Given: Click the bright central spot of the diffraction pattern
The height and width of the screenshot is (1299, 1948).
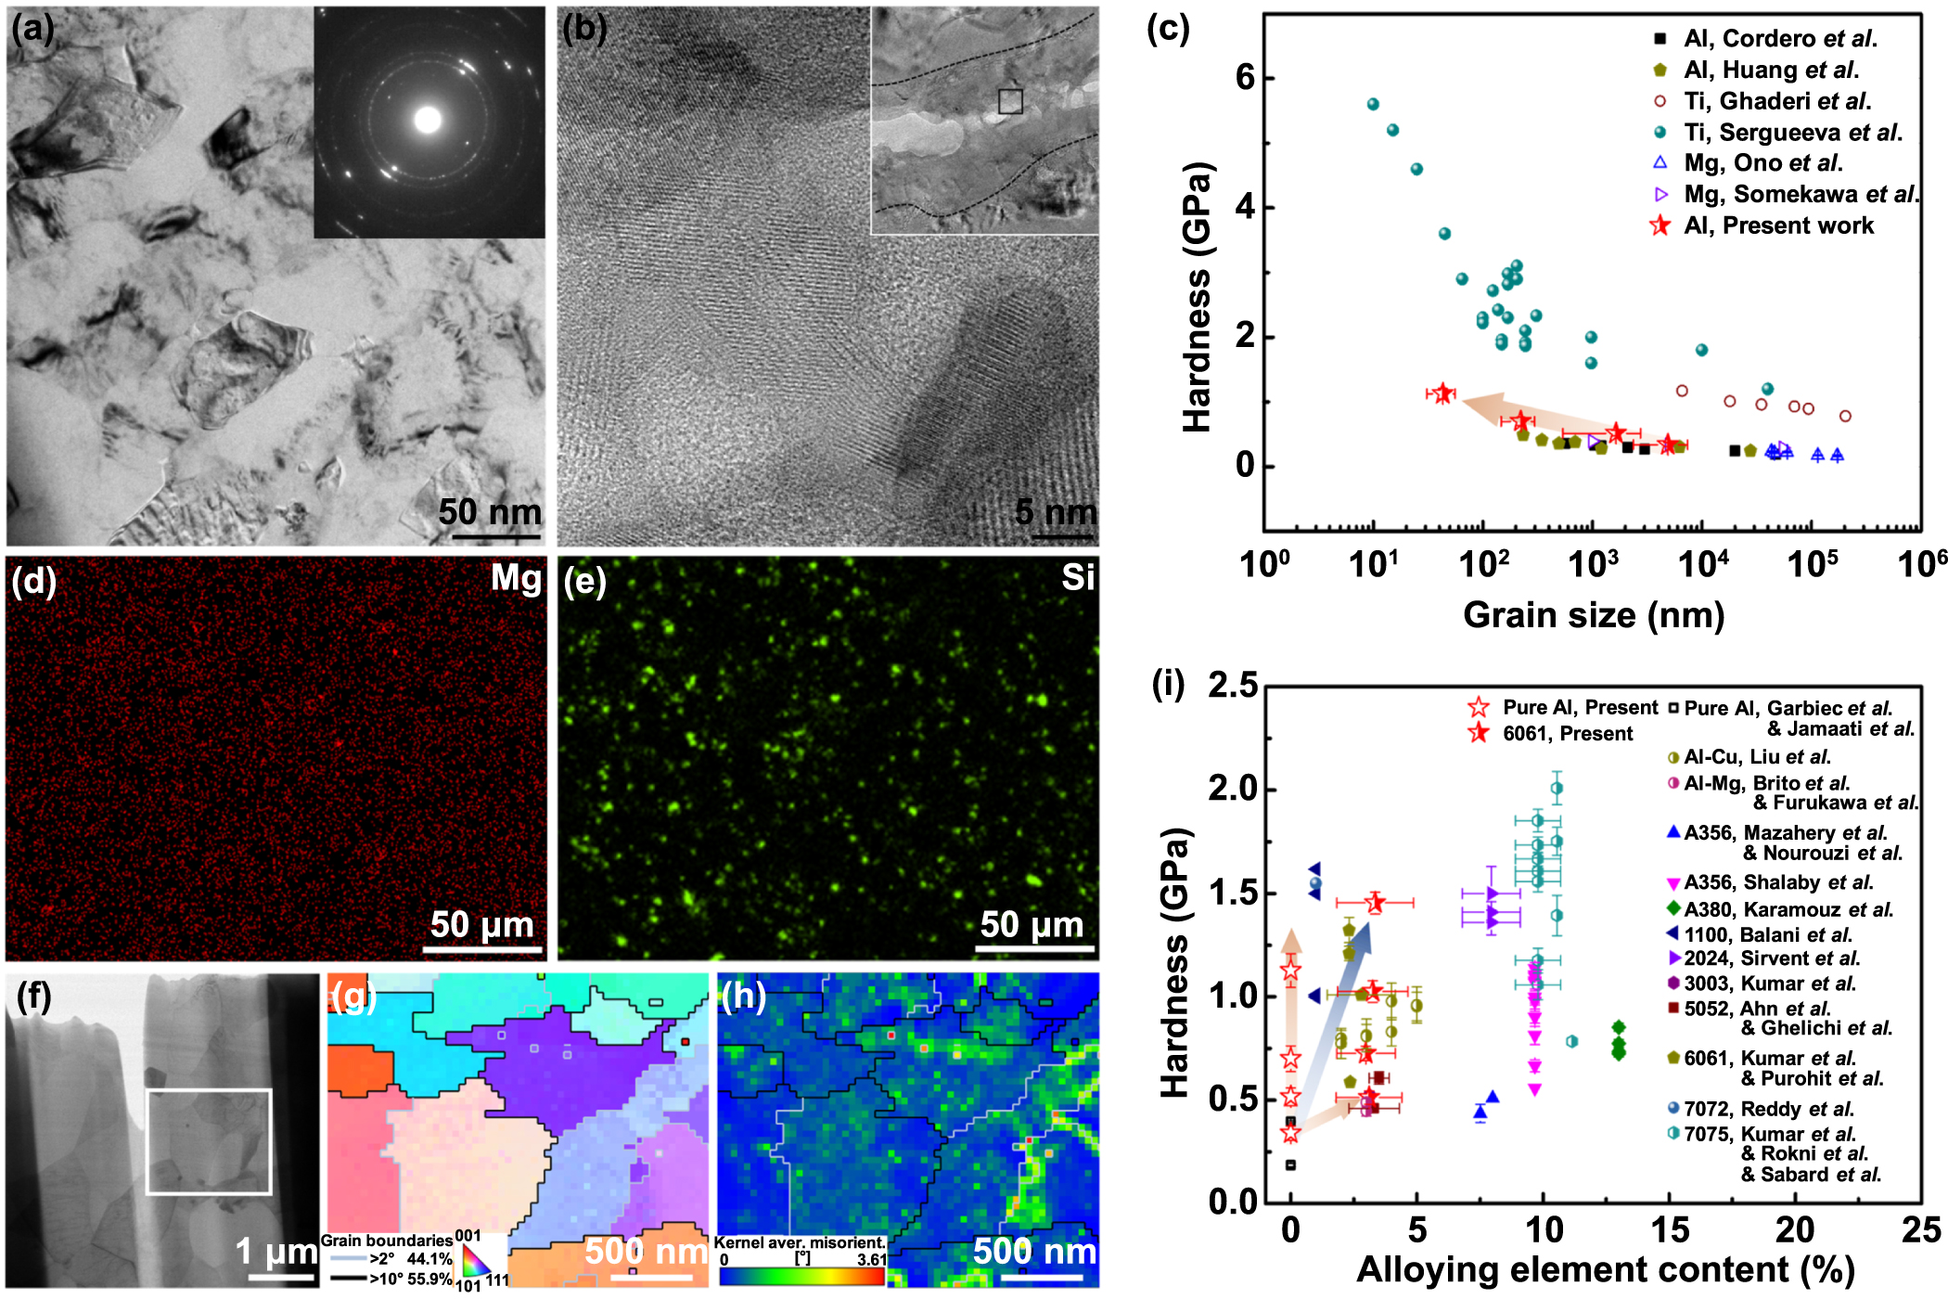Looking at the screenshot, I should click(428, 120).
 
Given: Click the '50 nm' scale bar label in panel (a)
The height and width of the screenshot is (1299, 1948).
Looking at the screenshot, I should click(489, 512).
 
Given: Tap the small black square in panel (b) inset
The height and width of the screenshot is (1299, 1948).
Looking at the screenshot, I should click(1010, 101).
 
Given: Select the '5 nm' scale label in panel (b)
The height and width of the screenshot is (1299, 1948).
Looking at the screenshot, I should click(1055, 511).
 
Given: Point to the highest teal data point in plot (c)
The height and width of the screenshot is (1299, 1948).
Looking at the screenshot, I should click(1373, 104).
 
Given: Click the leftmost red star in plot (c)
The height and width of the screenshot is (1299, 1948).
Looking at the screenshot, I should click(1442, 393).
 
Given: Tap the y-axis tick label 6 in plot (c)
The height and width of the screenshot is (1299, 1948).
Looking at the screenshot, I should click(1245, 78).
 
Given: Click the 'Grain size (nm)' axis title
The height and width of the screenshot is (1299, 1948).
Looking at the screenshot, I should click(1593, 615).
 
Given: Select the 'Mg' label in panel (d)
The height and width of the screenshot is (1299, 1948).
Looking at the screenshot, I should click(516, 578).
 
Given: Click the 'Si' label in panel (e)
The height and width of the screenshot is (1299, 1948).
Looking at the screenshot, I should click(1078, 578).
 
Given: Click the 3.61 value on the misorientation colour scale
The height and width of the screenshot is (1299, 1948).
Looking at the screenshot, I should click(871, 1259).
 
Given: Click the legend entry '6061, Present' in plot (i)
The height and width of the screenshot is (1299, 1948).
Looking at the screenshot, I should click(1567, 734).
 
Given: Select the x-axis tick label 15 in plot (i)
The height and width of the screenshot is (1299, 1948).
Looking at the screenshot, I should click(1669, 1230).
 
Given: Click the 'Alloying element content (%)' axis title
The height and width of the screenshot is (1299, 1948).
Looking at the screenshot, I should click(1605, 1270).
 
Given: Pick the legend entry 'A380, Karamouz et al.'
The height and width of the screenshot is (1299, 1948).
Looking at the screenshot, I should click(1788, 910).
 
